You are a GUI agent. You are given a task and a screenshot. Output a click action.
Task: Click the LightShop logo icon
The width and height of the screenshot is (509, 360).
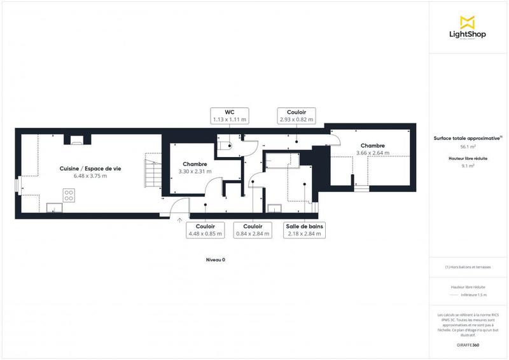(x=468, y=22)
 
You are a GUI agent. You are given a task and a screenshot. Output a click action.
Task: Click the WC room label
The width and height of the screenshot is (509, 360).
(x=229, y=111)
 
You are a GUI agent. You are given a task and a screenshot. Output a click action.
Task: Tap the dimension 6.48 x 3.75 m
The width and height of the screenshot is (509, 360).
(x=90, y=176)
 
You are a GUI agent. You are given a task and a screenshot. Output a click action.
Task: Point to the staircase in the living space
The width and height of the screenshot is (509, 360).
(x=151, y=171)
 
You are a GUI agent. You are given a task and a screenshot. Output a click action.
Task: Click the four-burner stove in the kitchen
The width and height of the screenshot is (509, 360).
(x=69, y=193)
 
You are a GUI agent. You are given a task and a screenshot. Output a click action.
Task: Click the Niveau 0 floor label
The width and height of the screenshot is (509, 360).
(x=216, y=260)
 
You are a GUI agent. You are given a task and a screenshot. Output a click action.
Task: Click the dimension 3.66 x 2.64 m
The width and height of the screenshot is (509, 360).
(x=373, y=153)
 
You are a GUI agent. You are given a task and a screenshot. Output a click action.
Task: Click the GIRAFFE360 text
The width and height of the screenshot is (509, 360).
(x=468, y=344)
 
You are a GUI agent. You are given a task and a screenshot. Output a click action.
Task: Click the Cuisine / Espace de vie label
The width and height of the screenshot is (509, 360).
(x=90, y=168)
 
